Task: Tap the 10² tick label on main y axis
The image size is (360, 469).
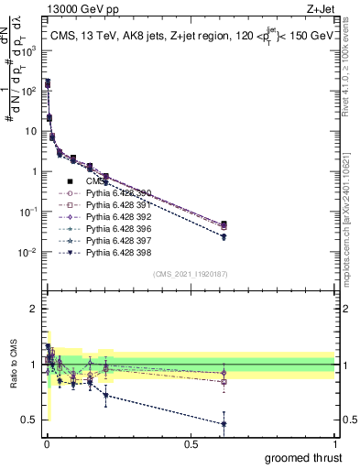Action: coord(28,91)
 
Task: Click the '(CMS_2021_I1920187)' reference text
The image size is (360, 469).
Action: coord(190,274)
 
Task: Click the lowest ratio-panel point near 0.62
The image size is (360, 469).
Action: coord(224,424)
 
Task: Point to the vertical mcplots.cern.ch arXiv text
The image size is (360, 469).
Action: coord(350,183)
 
